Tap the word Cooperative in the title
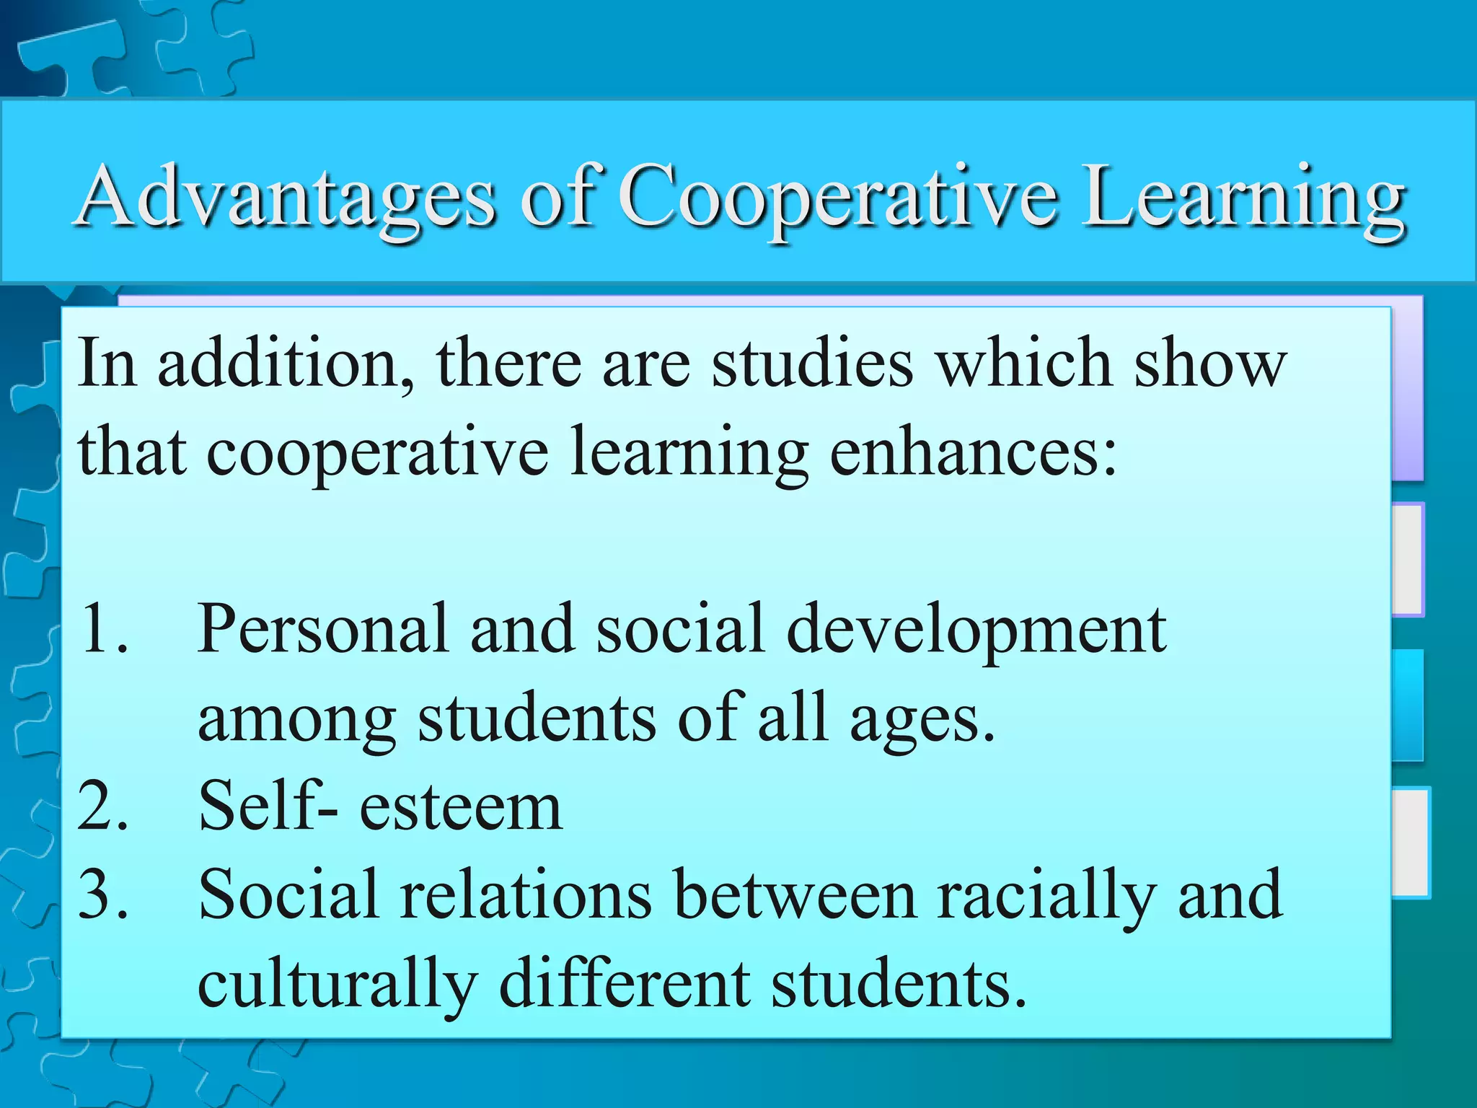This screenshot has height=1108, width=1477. pos(838,197)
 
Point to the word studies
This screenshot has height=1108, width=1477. pos(812,363)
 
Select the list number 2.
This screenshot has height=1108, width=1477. pos(103,806)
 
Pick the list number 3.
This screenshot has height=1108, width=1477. pos(103,895)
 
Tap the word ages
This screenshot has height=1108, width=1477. pos(922,720)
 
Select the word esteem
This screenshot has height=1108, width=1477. pos(460,806)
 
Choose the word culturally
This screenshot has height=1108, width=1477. pos(337,985)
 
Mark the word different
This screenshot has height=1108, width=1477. pos(625,984)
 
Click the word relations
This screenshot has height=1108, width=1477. pos(526,895)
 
